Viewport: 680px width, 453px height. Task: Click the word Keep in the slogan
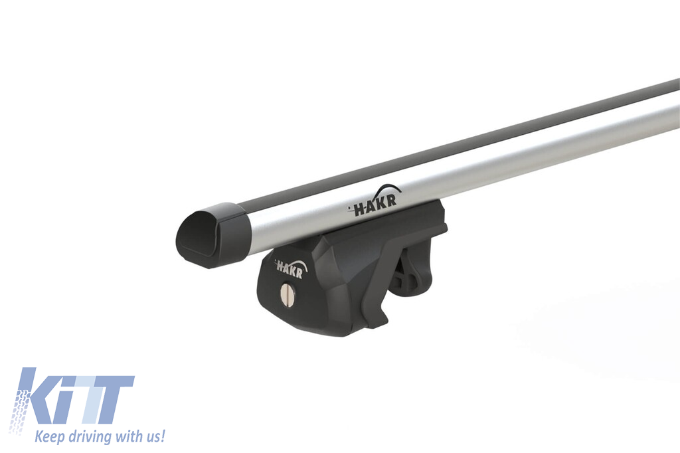[x=49, y=436]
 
